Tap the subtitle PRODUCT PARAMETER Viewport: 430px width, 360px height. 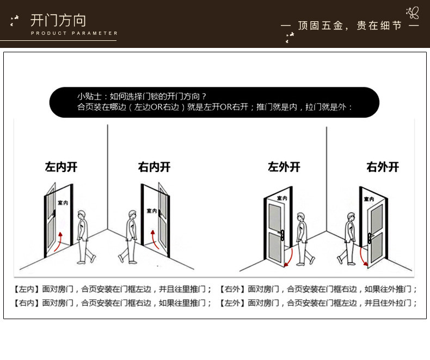[74, 34]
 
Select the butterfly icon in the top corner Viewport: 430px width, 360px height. [413, 13]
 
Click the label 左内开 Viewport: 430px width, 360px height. [61, 167]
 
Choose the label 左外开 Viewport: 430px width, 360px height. [284, 167]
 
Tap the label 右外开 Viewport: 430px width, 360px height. [383, 167]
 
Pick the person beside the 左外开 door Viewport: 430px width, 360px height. [301, 237]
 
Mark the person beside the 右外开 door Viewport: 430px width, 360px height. [349, 237]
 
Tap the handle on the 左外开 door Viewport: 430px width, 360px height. [283, 235]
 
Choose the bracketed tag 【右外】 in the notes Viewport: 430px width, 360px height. [233, 289]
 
